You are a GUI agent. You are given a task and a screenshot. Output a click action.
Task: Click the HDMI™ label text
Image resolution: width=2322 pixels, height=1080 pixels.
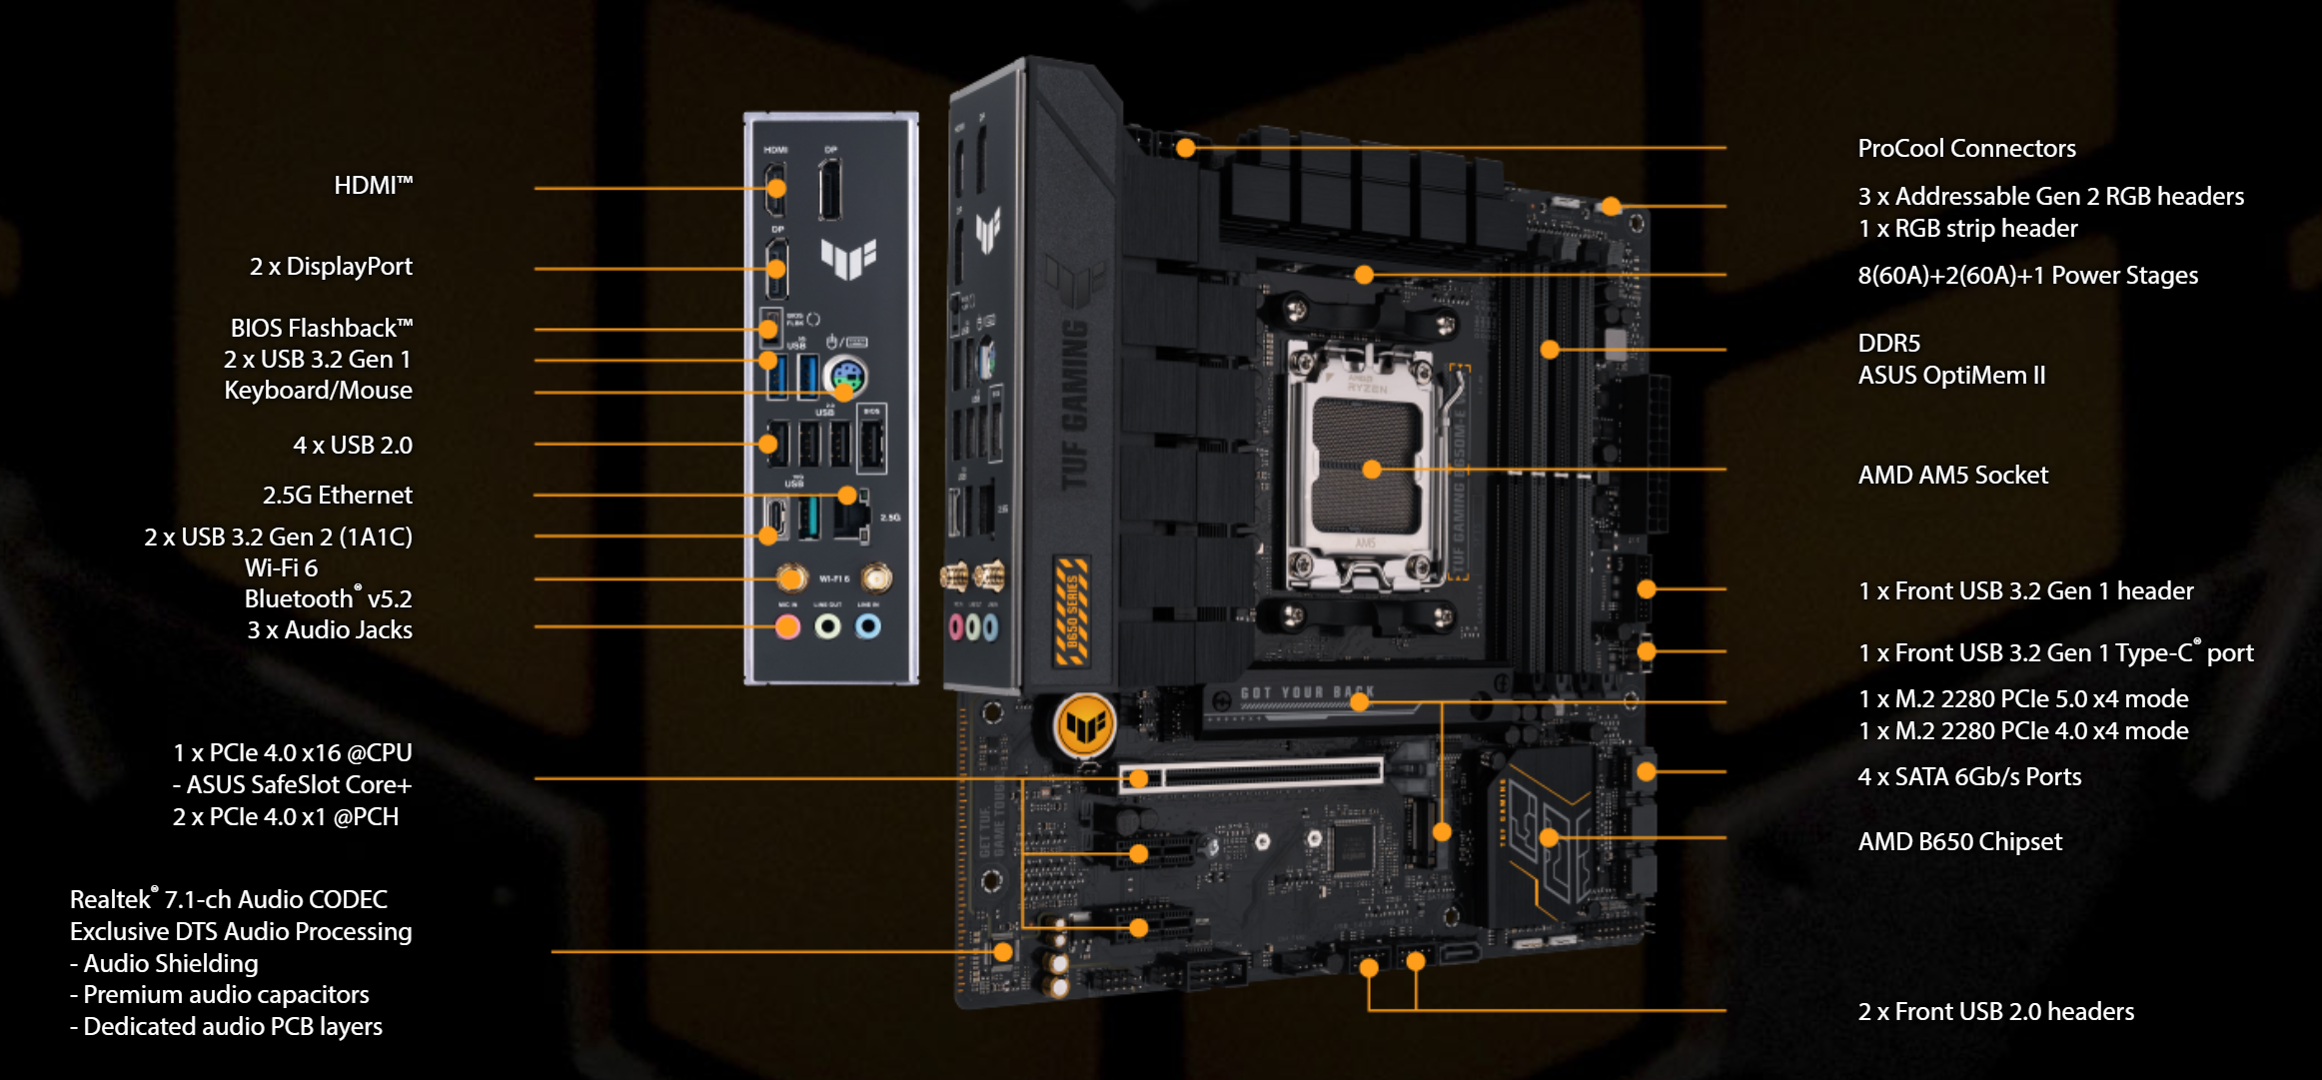pyautogui.click(x=373, y=186)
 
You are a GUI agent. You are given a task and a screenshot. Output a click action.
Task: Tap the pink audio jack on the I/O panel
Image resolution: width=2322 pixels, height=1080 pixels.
pyautogui.click(x=788, y=626)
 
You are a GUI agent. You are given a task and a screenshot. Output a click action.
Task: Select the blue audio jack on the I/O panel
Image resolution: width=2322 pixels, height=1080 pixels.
pyautogui.click(x=868, y=626)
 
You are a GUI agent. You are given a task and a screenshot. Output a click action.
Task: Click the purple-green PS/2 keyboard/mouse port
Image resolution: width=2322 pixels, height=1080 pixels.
pyautogui.click(x=846, y=377)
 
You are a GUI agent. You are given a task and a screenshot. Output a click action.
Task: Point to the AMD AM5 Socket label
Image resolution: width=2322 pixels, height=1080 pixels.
pyautogui.click(x=1952, y=476)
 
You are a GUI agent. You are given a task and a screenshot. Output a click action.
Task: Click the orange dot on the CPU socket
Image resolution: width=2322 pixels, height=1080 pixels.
pyautogui.click(x=1372, y=469)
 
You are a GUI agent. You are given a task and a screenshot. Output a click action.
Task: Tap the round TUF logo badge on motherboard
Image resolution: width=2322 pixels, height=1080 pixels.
pyautogui.click(x=1085, y=726)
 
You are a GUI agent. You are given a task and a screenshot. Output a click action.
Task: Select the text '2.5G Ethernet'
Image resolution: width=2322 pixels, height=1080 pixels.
pyautogui.click(x=337, y=496)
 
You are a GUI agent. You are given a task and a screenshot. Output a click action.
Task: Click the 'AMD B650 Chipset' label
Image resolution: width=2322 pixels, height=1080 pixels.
pyautogui.click(x=1959, y=842)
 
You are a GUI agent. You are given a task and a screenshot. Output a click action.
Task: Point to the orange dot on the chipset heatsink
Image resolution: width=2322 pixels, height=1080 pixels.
pyautogui.click(x=1549, y=837)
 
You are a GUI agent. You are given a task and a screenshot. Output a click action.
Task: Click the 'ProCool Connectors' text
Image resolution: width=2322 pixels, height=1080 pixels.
pyautogui.click(x=1966, y=149)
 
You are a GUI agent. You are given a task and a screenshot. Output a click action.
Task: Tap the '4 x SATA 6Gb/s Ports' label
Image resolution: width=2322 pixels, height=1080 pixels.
pyautogui.click(x=1969, y=777)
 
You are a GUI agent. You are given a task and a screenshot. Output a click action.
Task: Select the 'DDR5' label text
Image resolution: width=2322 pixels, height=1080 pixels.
pyautogui.click(x=1888, y=344)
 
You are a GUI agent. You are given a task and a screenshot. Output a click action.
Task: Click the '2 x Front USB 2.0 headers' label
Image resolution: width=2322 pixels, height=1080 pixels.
pyautogui.click(x=1995, y=1012)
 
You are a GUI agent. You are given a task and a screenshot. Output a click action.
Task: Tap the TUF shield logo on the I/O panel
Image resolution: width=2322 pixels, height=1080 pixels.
pyautogui.click(x=848, y=258)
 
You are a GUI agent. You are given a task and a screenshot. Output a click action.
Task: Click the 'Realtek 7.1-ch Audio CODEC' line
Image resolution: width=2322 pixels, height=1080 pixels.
pyautogui.click(x=229, y=899)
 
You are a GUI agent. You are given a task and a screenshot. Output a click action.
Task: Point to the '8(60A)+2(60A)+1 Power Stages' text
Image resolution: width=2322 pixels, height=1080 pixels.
pyautogui.click(x=2027, y=276)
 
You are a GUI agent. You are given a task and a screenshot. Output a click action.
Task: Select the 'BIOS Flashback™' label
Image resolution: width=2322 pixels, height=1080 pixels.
pyautogui.click(x=321, y=329)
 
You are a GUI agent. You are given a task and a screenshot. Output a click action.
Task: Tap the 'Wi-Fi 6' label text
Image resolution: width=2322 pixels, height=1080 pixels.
pyautogui.click(x=281, y=568)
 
